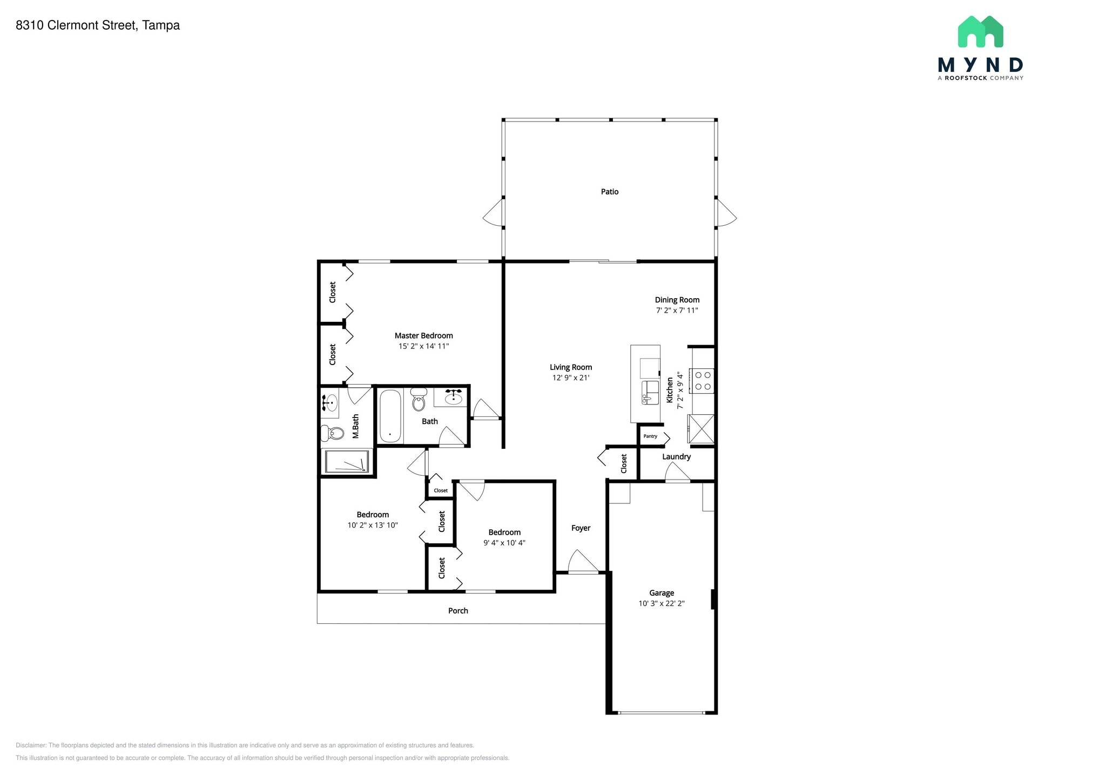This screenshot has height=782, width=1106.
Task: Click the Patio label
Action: coord(609,192)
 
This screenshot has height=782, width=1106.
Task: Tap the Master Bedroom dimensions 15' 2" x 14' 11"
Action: coord(423,346)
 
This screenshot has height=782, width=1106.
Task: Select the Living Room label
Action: coord(571,367)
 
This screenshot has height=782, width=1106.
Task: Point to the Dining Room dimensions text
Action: coord(677,311)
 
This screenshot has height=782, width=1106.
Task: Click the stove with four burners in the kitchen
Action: coord(703,380)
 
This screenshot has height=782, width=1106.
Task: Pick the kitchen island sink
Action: coord(650,392)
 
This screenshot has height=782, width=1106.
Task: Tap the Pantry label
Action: coord(650,436)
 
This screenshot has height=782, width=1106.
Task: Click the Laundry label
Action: coord(676,457)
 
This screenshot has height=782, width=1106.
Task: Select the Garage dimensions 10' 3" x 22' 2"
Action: coord(661,603)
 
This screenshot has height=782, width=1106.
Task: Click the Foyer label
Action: coord(581,528)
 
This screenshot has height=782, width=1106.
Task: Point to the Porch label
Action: coord(458,611)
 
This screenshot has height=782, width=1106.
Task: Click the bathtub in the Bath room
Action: coord(390,416)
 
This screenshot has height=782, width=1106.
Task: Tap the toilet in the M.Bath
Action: coord(333,433)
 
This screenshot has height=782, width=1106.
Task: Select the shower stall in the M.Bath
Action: coord(346,462)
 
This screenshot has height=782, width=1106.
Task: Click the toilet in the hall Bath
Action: coord(419,401)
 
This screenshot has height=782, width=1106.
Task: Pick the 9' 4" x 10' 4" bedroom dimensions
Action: coord(504,543)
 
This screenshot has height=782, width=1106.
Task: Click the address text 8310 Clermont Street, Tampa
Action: coord(98,25)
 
